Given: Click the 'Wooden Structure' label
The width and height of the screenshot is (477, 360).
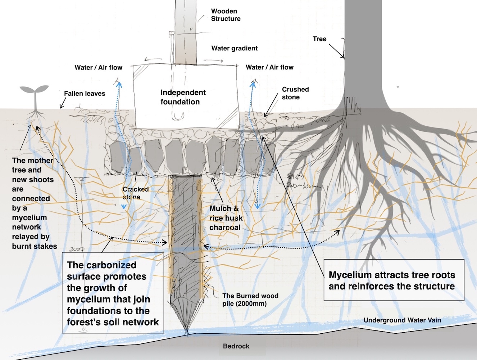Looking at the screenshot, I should coord(226,15).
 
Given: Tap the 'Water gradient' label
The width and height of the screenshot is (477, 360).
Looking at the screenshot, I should coord(234,48).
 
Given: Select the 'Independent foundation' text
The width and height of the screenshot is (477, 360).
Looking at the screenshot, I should coord(183,97).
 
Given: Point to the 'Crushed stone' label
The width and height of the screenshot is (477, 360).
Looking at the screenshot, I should coord(295,93).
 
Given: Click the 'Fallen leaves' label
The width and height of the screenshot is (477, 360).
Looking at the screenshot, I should coord(85,94).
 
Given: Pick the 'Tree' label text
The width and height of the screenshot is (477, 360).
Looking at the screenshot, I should coord(319,39).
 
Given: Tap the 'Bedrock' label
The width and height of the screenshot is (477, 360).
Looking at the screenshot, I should coord(236,346).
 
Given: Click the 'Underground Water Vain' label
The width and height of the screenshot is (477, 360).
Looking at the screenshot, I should coord(402,320).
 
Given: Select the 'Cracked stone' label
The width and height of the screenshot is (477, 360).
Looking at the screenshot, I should coord(135,193).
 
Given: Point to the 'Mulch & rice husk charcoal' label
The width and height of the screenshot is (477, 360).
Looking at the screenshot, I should coord(226,218).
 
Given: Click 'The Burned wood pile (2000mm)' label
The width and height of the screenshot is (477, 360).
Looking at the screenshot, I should coord(250,300).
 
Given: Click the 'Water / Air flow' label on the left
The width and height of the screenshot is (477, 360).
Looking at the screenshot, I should coord(98,67).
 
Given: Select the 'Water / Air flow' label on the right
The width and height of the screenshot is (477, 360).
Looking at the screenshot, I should coord(269,67).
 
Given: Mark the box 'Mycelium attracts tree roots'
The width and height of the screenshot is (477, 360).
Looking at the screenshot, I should coord(394,280).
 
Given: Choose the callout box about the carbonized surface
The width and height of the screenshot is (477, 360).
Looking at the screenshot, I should coord(113,293).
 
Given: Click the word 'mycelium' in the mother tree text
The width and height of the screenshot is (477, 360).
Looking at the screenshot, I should coord(29,218).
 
